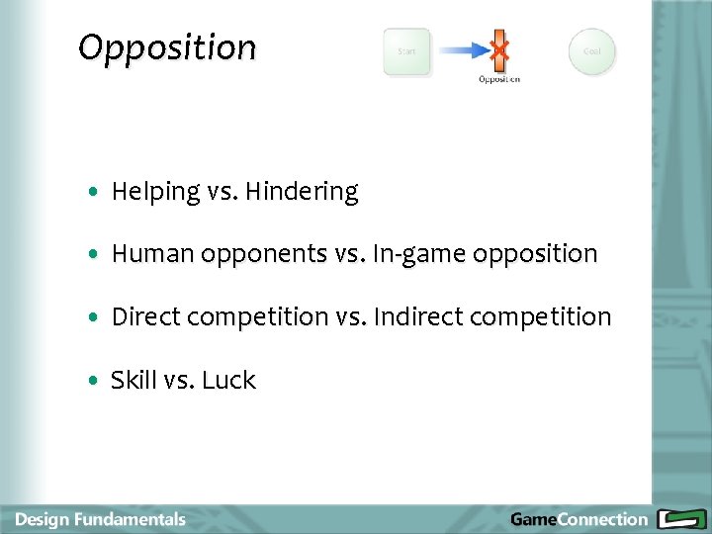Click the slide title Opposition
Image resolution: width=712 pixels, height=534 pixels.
[x=166, y=47]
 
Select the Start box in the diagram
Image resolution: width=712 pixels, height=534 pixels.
[x=406, y=51]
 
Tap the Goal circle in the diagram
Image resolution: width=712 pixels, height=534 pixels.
[x=591, y=51]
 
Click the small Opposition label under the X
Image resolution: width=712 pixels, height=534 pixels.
[x=499, y=79]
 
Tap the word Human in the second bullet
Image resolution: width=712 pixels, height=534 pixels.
[x=153, y=254]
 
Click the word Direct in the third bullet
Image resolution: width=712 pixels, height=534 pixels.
[x=145, y=316]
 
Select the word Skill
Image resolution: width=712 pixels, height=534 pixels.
[x=133, y=380]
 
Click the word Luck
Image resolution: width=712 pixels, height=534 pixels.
[x=228, y=380]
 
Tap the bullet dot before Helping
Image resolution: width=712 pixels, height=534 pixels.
[x=92, y=193]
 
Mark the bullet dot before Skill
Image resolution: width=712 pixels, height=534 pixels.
[x=92, y=381]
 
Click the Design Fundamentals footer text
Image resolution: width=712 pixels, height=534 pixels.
[x=100, y=519]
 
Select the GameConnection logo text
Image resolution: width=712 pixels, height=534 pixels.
[x=578, y=519]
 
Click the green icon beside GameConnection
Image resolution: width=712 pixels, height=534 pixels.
[x=679, y=519]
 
